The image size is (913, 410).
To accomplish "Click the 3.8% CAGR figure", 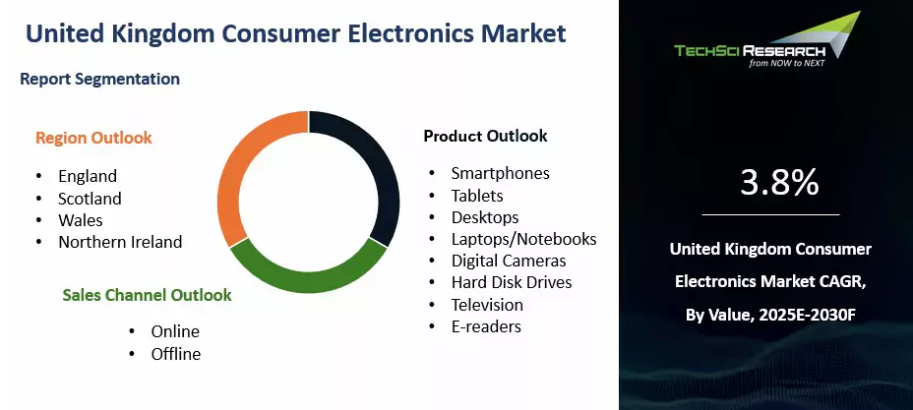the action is click(x=779, y=183).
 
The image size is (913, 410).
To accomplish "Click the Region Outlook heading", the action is click(x=93, y=138).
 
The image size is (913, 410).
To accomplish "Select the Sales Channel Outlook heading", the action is click(x=147, y=295).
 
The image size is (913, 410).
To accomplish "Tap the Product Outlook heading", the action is click(x=486, y=136).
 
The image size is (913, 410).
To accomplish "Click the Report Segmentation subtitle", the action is click(x=99, y=79).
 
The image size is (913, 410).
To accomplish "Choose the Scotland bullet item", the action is click(x=90, y=199).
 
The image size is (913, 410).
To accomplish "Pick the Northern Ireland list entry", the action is click(x=120, y=241).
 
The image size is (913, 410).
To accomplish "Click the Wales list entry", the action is click(x=81, y=220).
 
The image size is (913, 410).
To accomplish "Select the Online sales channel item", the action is click(x=175, y=331).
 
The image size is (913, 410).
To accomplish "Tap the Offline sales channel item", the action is click(x=176, y=354).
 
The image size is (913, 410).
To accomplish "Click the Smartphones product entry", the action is click(x=501, y=173).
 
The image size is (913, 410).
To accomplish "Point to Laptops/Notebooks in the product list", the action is click(x=524, y=239).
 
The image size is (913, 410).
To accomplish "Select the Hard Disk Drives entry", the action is click(x=512, y=282).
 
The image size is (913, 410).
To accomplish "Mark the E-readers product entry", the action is click(x=486, y=326).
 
